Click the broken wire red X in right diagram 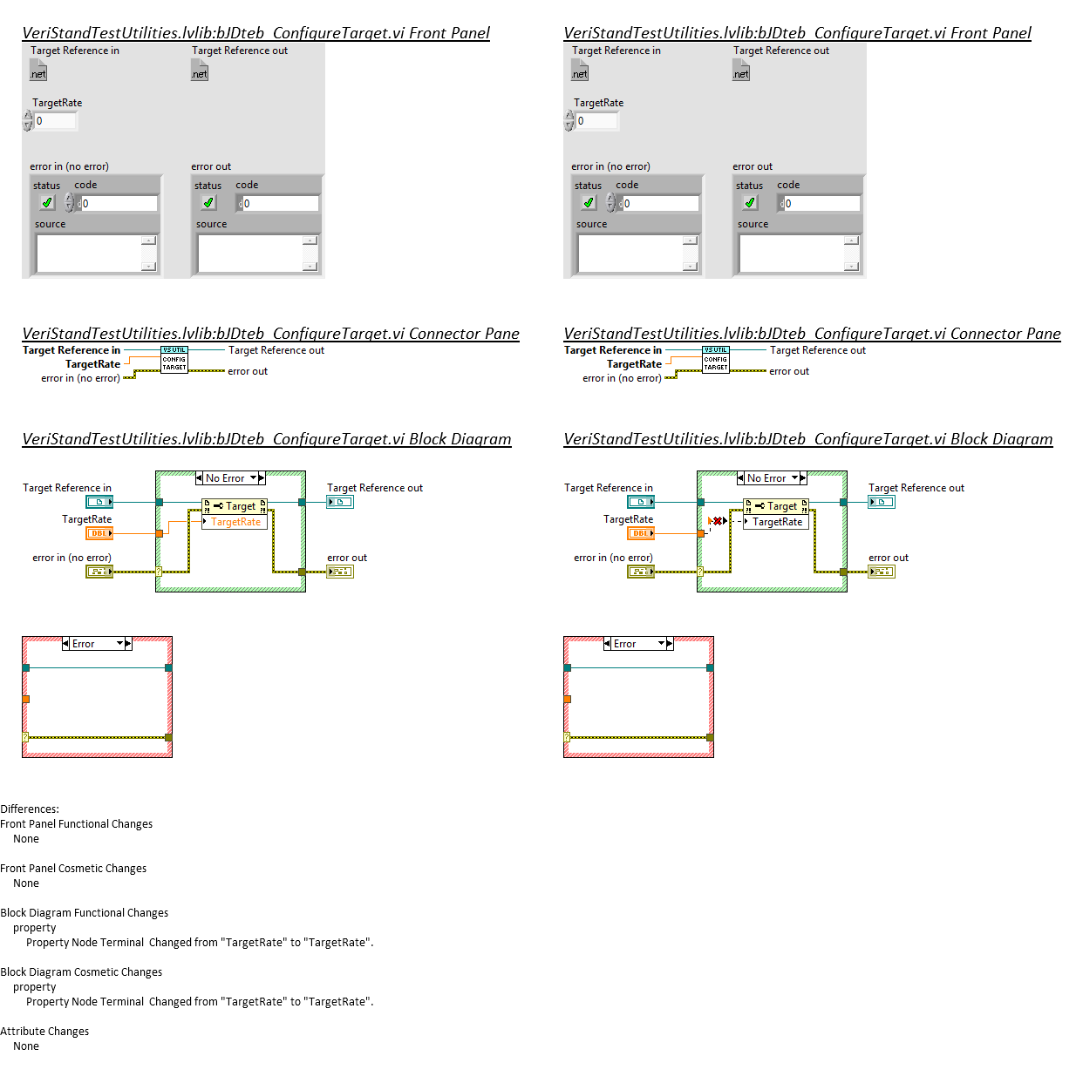pyautogui.click(x=718, y=521)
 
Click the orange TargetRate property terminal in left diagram pyautogui.click(x=235, y=522)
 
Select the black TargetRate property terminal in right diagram pyautogui.click(x=777, y=522)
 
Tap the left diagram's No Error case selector pyautogui.click(x=230, y=478)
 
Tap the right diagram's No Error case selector pyautogui.click(x=772, y=478)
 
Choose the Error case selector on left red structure pyautogui.click(x=97, y=644)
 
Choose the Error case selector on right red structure pyautogui.click(x=638, y=644)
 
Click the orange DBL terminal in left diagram pyautogui.click(x=99, y=533)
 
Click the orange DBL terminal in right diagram pyautogui.click(x=641, y=533)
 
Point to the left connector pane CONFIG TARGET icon pyautogui.click(x=174, y=360)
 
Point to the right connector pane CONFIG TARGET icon pyautogui.click(x=716, y=360)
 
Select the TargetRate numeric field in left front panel pyautogui.click(x=56, y=121)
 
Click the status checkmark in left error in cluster pyautogui.click(x=47, y=203)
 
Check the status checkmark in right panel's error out pyautogui.click(x=750, y=203)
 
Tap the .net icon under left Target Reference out pyautogui.click(x=200, y=71)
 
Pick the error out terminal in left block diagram pyautogui.click(x=340, y=572)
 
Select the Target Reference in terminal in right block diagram pyautogui.click(x=641, y=502)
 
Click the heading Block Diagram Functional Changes pyautogui.click(x=85, y=913)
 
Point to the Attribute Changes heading pyautogui.click(x=44, y=1032)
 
